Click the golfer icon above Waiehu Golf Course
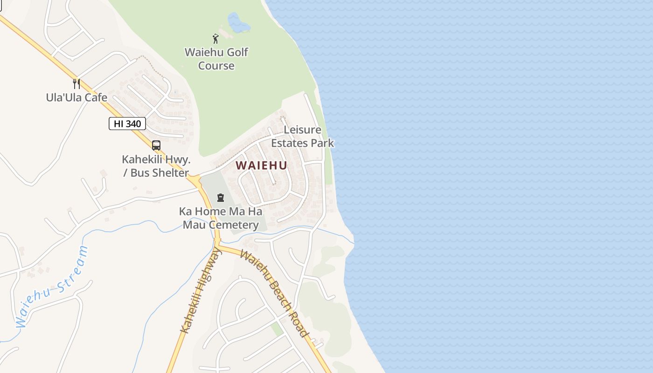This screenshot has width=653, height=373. (215, 39)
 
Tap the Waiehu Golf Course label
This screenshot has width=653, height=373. (216, 59)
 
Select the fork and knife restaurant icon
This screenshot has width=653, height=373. (76, 84)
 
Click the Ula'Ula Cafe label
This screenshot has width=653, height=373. (76, 97)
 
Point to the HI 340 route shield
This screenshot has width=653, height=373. (127, 124)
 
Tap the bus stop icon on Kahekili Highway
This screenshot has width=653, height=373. (156, 145)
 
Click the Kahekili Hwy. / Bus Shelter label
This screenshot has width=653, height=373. (156, 166)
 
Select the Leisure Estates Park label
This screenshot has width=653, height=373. (303, 136)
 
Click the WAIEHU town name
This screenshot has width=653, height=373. (261, 166)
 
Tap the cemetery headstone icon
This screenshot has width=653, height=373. (221, 198)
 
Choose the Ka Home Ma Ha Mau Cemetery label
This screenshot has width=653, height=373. (221, 218)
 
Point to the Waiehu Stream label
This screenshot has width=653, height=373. (51, 287)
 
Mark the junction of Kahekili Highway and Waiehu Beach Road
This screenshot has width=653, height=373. (218, 243)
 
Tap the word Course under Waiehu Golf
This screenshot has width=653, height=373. (216, 65)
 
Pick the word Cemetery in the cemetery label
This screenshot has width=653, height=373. (234, 225)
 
